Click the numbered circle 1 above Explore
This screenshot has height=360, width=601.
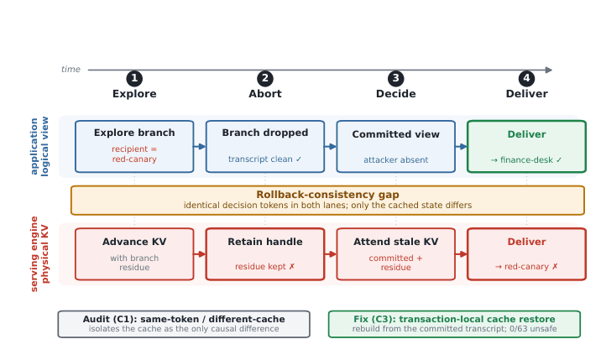pos(134,78)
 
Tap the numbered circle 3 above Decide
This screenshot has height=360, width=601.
pos(395,78)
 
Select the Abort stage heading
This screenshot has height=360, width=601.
pos(265,93)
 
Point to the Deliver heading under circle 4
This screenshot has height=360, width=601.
pos(526,93)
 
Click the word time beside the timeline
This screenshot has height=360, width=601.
pos(71,69)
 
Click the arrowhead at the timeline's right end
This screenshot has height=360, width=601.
pos(549,70)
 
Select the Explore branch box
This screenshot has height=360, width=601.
pos(134,147)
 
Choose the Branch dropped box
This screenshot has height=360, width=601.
pos(265,147)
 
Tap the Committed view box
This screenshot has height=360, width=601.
pos(395,147)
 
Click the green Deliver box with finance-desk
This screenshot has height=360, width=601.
pos(526,147)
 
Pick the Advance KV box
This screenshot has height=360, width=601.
pos(134,254)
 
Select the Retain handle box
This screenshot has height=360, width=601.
pos(265,254)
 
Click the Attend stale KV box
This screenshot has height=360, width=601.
pos(395,254)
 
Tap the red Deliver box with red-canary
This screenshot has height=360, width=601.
pos(526,254)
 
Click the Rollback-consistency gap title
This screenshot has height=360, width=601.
pos(327,195)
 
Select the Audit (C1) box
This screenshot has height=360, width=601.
pos(184,324)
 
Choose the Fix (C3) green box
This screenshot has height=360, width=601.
pos(454,324)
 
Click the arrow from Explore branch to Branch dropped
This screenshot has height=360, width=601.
pos(200,147)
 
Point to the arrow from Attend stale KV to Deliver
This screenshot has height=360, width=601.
pos(461,254)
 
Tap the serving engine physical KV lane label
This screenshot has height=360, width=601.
pos(39,253)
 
